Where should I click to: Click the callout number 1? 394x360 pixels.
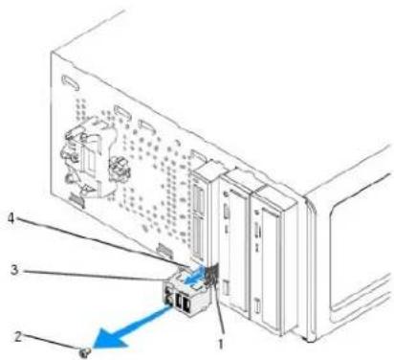point(220,344)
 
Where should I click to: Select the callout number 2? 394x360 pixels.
point(18,336)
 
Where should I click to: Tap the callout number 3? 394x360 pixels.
point(14,270)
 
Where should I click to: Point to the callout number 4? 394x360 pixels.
point(11,218)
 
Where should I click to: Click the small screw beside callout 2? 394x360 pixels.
point(85,352)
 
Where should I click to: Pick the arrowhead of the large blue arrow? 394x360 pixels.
point(108,341)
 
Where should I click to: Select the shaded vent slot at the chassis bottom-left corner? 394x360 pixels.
point(75,200)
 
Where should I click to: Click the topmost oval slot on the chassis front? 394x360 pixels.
point(71,81)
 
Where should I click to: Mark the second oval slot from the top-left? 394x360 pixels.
point(123,114)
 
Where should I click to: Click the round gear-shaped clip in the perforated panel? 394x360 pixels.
point(119,169)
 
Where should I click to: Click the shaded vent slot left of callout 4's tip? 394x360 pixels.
point(164,251)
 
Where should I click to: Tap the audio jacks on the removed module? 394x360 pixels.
point(168,294)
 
